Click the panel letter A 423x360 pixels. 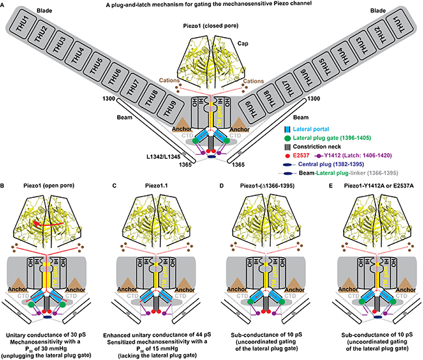5,5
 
